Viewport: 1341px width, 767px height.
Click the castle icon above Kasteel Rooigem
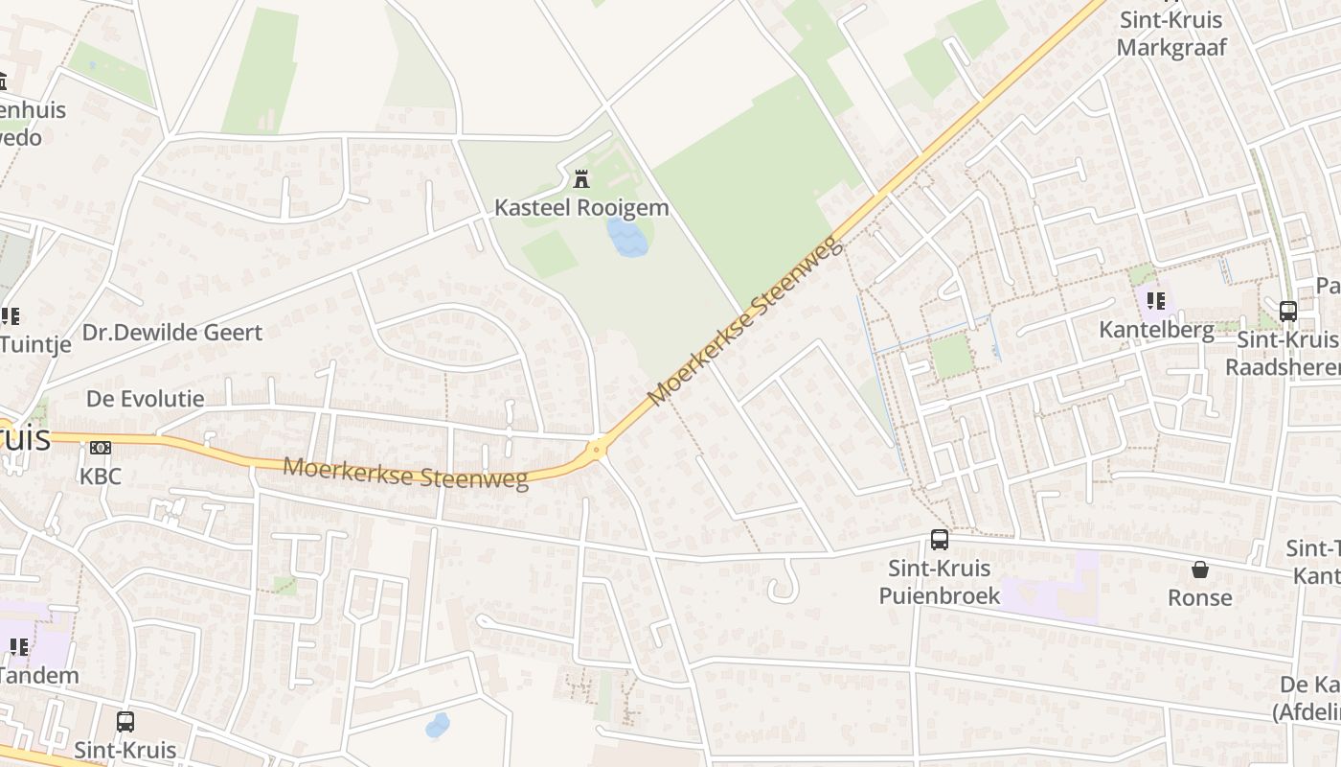[580, 178]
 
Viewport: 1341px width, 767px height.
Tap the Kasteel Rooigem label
[581, 207]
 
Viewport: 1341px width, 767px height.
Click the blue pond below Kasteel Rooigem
[627, 237]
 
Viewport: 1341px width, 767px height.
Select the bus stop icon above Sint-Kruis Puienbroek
[940, 540]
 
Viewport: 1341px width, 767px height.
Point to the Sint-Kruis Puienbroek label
[940, 582]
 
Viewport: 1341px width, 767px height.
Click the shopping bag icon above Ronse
[1199, 570]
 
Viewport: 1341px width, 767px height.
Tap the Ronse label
[1199, 597]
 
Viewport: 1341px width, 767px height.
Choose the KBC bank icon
[101, 448]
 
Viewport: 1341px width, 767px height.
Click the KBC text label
[101, 476]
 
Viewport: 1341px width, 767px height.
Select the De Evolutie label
[146, 399]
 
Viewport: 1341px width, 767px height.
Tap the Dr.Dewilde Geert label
[172, 333]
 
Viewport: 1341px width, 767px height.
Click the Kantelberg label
[1156, 330]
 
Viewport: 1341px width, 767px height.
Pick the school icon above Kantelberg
[1156, 301]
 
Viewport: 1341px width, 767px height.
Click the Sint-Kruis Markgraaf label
[1171, 34]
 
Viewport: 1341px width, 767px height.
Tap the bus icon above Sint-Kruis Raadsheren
[1288, 311]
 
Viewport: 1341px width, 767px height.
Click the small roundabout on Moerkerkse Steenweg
[597, 448]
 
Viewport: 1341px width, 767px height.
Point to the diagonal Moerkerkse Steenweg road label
[746, 321]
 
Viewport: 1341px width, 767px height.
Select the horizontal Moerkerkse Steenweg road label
[406, 474]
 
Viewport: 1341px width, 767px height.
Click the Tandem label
[39, 675]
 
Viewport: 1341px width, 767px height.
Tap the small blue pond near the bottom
[438, 725]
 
